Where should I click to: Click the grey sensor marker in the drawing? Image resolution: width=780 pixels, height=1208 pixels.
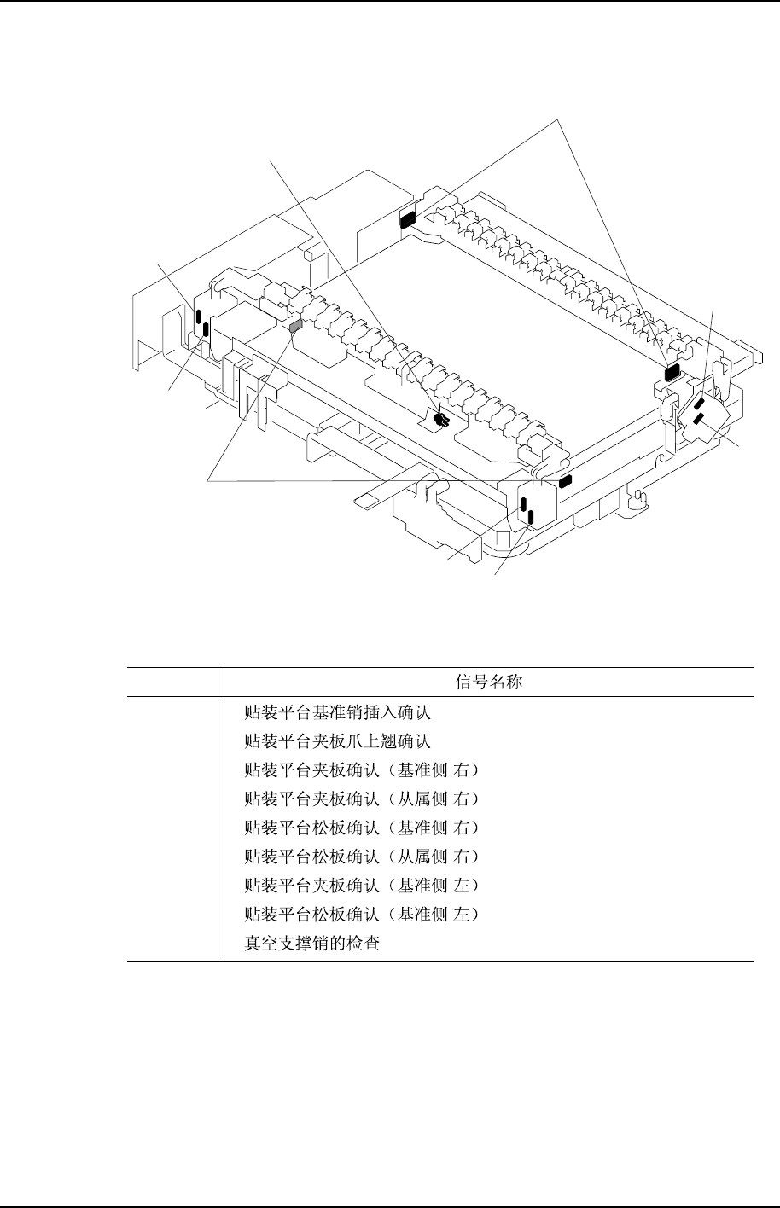click(296, 325)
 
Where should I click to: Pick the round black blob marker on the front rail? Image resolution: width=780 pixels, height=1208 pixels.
click(440, 419)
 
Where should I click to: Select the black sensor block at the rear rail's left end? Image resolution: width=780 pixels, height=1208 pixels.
click(406, 220)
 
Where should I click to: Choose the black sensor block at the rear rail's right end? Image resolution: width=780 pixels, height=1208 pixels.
click(671, 371)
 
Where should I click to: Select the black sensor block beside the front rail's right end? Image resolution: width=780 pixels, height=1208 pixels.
click(563, 482)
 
